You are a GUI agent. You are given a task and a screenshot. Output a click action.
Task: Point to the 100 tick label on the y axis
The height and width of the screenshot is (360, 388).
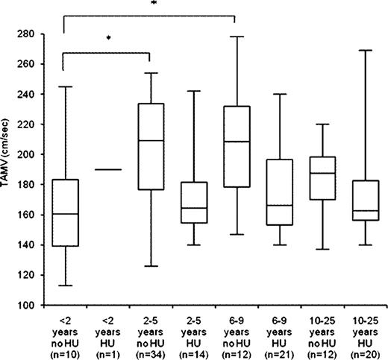coord(37,306)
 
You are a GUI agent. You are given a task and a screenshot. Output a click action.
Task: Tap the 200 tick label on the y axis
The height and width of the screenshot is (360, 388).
coord(37,154)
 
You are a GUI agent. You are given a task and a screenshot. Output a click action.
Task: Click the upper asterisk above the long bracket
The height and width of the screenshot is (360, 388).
coord(153,4)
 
